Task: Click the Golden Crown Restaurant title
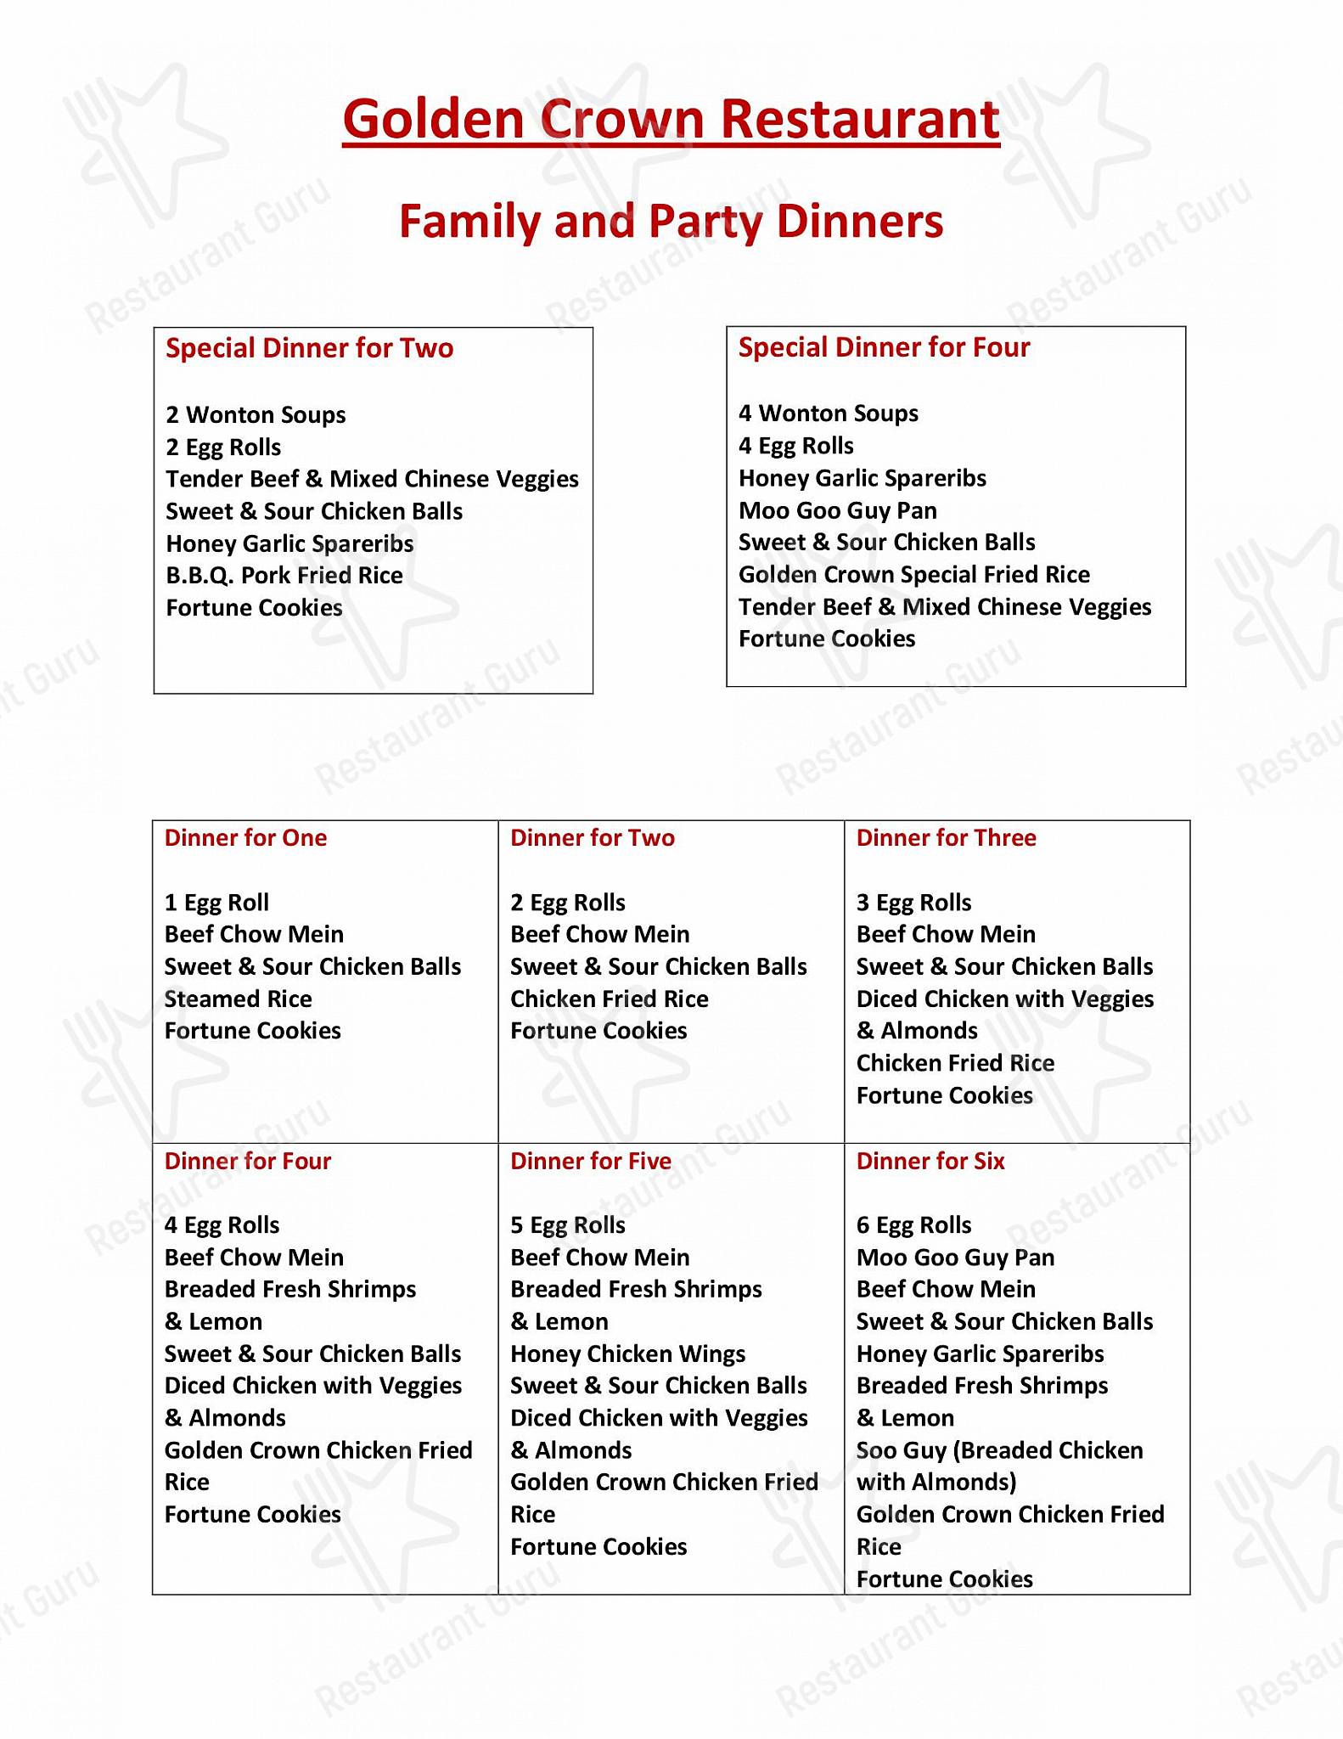click(671, 120)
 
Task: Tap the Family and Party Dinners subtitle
click(671, 222)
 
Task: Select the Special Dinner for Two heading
click(310, 348)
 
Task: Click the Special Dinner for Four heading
click(884, 347)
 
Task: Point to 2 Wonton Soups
click(256, 415)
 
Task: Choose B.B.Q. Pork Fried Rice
click(284, 576)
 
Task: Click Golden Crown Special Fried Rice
click(913, 575)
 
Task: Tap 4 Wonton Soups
click(829, 414)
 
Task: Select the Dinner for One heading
click(245, 838)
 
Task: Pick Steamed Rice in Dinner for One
click(238, 999)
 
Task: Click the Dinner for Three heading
click(946, 838)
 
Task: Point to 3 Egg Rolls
click(913, 903)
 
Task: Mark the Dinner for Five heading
click(591, 1161)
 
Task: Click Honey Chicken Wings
click(627, 1353)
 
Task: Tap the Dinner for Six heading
click(930, 1161)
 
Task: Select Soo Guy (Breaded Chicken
click(999, 1450)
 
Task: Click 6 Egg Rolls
click(913, 1225)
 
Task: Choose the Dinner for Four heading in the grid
click(247, 1161)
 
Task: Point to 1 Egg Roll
click(216, 903)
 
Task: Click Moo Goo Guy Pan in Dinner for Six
click(955, 1258)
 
